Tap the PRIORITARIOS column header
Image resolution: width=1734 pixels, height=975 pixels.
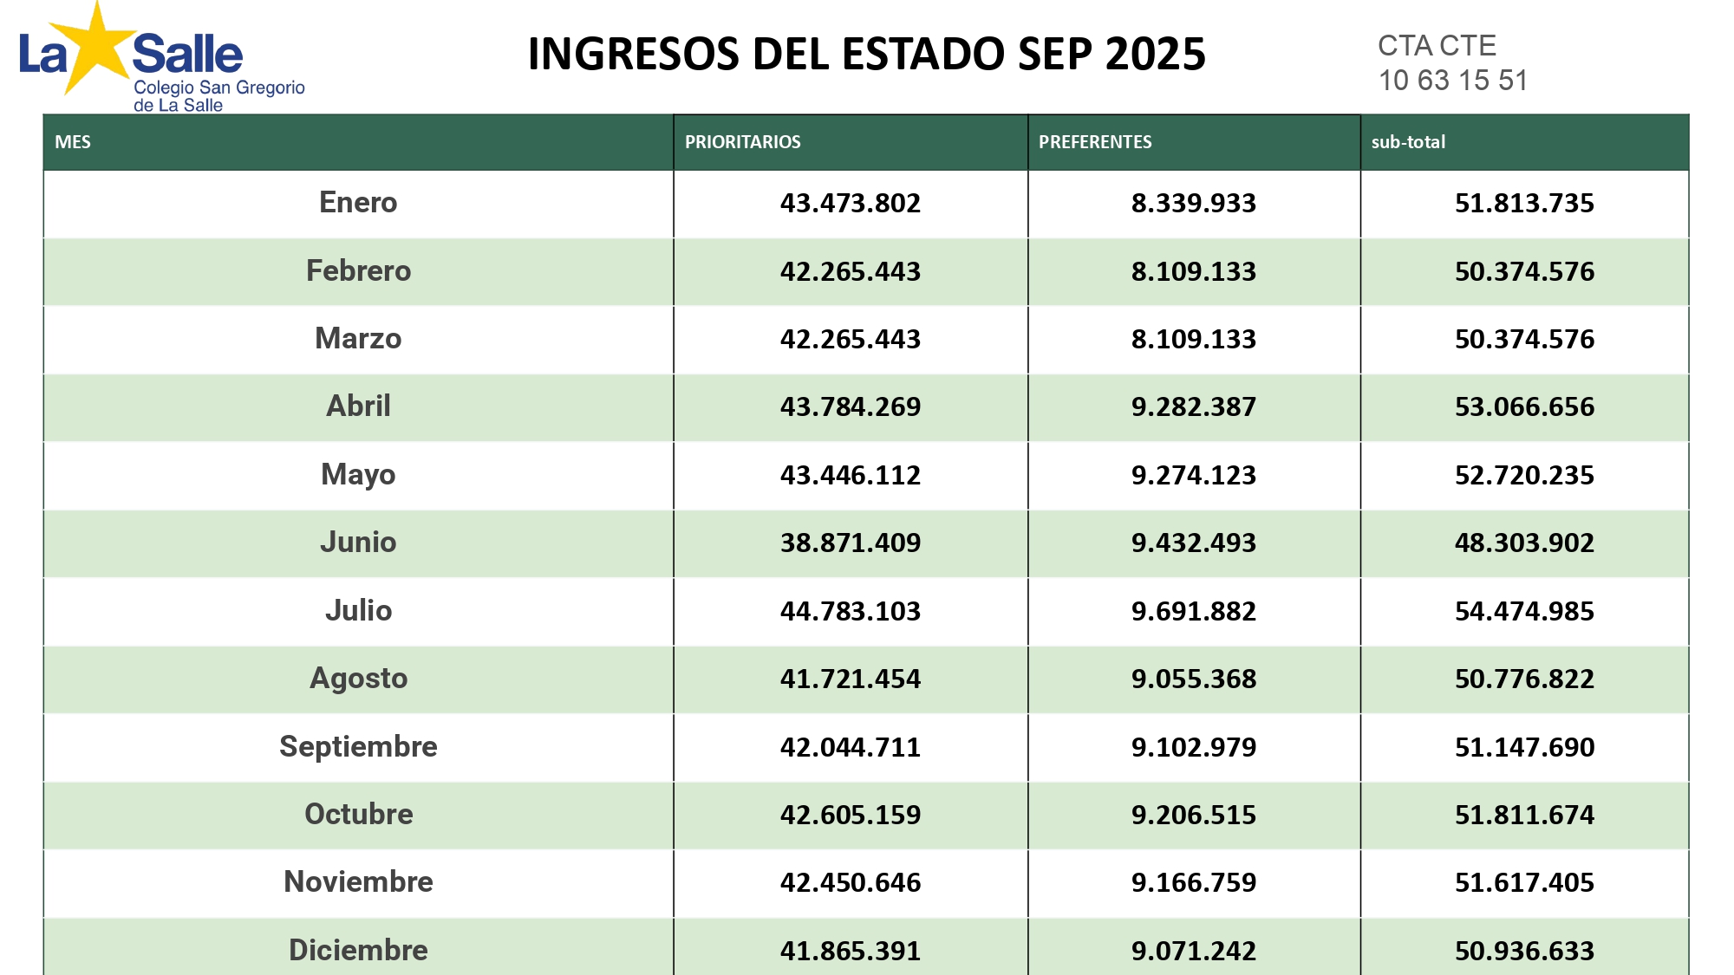[x=742, y=142]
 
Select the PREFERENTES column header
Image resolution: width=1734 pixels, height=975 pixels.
[x=1095, y=142]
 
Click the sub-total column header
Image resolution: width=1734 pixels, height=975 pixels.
[x=1408, y=142]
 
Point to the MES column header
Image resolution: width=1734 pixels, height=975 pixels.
[x=73, y=142]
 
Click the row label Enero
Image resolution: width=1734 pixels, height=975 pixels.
[x=358, y=202]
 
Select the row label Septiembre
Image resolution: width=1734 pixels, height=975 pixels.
[x=358, y=746]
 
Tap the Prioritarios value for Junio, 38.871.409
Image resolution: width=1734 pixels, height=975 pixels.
[x=851, y=543]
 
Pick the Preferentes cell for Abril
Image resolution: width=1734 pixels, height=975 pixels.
[x=1193, y=406]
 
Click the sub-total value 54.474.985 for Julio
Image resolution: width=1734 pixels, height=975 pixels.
[x=1524, y=611]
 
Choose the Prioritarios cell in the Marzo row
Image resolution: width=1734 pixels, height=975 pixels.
[x=851, y=339]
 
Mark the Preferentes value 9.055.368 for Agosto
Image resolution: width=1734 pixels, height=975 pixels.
[x=1193, y=679]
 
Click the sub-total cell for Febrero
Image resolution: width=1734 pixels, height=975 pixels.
[x=1524, y=271]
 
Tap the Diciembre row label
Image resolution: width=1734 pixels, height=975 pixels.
[x=358, y=950]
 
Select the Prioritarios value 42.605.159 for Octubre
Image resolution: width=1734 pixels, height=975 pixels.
[x=851, y=815]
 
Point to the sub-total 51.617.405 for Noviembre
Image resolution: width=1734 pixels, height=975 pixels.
[x=1524, y=882]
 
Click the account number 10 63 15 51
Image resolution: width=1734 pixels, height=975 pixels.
[x=1453, y=81]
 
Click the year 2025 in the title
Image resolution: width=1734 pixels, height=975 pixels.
[x=1156, y=54]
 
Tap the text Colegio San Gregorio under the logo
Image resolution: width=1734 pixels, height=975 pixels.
[x=219, y=88]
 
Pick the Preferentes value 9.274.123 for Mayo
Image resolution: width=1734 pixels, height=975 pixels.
[x=1193, y=475]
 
